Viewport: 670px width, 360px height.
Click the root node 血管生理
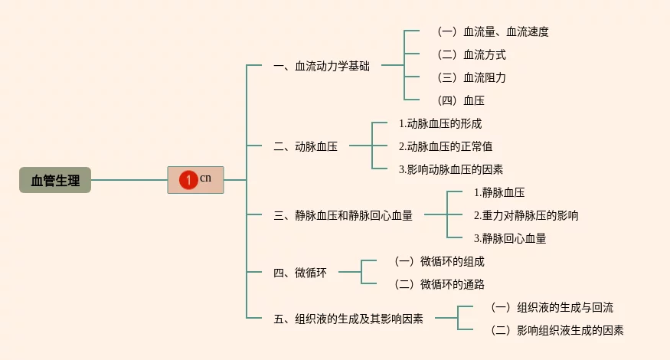55,180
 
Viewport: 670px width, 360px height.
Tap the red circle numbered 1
188,180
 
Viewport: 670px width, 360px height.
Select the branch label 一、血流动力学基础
322,67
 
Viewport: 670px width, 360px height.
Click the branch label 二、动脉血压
306,146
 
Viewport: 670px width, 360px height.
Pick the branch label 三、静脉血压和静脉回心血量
343,215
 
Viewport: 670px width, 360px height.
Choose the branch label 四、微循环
300,273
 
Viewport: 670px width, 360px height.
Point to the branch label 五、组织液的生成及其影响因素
348,319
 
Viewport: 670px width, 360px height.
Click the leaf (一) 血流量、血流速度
493,31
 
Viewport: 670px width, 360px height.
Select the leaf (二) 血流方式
472,54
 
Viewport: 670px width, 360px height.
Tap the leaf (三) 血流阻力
472,78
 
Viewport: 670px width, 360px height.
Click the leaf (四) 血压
461,101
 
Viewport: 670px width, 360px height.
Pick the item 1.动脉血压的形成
440,124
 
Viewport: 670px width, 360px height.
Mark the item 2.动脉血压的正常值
445,146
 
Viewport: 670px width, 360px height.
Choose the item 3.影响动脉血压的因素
451,170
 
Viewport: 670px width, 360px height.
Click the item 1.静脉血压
499,193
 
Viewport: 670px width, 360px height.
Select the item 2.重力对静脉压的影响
526,215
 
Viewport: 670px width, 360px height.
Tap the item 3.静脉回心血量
510,238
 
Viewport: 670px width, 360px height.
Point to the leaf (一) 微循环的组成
440,262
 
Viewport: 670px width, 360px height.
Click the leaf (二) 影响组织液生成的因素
557,330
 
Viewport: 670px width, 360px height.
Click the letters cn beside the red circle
205,178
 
